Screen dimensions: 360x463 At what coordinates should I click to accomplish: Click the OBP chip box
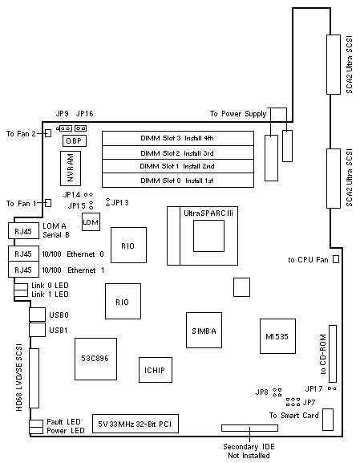tap(75, 141)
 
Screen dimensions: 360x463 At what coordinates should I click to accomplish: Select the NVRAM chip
tap(71, 169)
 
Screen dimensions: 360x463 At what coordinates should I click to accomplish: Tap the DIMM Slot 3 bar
tap(178, 138)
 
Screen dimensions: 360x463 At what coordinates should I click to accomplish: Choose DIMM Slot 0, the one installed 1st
tap(178, 180)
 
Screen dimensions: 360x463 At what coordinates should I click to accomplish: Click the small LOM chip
tap(91, 221)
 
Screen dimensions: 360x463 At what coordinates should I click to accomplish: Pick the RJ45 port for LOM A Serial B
tap(23, 230)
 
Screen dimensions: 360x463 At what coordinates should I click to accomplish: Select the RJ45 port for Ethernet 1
tap(23, 270)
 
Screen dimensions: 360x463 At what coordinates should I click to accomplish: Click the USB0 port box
tap(37, 315)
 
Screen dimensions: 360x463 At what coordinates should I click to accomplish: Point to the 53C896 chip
tap(95, 359)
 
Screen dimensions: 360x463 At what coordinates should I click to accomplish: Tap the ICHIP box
tap(156, 370)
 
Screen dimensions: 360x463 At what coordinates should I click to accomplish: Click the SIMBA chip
tap(204, 330)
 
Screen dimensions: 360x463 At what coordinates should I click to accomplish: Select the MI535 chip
tap(277, 336)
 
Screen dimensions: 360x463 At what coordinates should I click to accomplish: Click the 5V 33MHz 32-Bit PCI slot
tap(136, 424)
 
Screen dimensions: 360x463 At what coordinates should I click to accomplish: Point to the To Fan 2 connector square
tap(48, 133)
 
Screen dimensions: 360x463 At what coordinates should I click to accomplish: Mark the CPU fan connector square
tap(336, 259)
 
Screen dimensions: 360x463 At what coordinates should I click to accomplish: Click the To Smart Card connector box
tap(328, 420)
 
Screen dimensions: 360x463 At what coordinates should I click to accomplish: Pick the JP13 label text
tap(120, 202)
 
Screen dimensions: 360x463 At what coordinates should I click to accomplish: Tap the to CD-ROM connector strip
tap(333, 354)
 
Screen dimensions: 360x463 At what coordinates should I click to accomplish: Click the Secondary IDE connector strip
tap(249, 428)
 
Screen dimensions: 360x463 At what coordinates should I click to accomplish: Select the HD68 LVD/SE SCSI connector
tap(34, 378)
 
